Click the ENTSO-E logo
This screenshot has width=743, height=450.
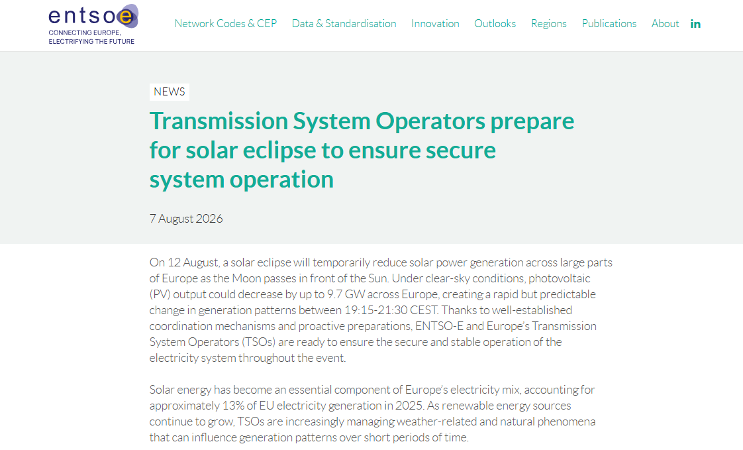click(x=93, y=24)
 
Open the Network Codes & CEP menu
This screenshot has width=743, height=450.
click(x=226, y=24)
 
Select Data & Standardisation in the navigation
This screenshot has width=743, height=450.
click(x=344, y=24)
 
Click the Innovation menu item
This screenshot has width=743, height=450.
click(x=435, y=24)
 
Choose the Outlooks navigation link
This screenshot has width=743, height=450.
click(x=495, y=24)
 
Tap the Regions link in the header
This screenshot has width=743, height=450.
click(x=549, y=24)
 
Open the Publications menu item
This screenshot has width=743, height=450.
click(x=609, y=24)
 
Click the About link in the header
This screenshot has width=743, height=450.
click(x=665, y=24)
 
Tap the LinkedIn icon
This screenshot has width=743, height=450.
click(x=695, y=24)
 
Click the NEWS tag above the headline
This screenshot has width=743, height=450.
click(x=169, y=91)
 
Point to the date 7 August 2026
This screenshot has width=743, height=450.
click(x=185, y=219)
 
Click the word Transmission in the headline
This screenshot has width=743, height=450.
click(x=219, y=121)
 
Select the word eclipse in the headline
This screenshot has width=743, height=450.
click(x=279, y=151)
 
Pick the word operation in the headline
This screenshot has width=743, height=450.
click(x=281, y=180)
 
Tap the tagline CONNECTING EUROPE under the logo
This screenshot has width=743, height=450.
click(x=84, y=32)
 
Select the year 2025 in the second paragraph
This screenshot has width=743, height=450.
click(x=409, y=406)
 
